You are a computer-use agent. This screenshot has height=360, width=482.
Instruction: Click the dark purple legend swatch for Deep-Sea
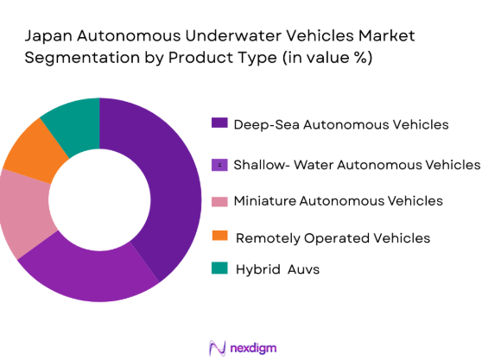[220, 123]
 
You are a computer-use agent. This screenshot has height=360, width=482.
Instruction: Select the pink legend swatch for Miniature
[220, 201]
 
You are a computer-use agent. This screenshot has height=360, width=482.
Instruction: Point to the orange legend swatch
[220, 237]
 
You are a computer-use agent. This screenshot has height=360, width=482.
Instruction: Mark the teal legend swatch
[220, 268]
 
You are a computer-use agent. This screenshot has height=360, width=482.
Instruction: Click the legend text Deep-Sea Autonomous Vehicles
[342, 123]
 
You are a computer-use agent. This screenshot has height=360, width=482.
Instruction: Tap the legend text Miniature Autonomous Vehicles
[339, 201]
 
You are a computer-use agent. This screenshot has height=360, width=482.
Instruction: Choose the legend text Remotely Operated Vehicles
[333, 237]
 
